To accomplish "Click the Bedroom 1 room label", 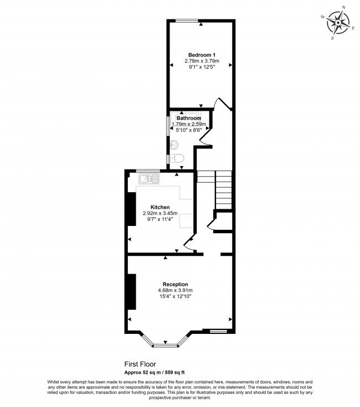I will click(x=202, y=54).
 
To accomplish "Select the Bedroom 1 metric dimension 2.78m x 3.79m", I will click(x=202, y=60).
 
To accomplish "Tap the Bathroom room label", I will click(x=188, y=118).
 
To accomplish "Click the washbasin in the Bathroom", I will click(x=174, y=145).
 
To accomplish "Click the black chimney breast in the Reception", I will click(x=132, y=291).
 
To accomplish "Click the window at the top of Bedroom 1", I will click(x=187, y=21).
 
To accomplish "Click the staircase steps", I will click(x=223, y=188).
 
